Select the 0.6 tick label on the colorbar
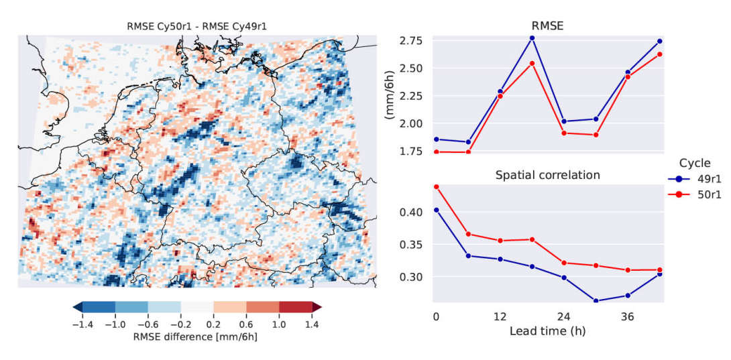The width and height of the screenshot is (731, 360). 246,324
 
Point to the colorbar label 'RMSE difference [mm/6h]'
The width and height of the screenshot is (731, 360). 194,337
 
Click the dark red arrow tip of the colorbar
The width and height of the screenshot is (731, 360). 317,307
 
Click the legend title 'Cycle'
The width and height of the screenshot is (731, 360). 695,163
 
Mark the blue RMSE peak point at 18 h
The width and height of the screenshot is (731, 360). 532,38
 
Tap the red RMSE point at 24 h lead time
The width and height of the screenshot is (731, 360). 564,133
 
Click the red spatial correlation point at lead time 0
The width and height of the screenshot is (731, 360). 436,186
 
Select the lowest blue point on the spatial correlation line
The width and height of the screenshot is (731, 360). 596,300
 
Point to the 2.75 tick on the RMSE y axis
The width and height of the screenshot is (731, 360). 409,41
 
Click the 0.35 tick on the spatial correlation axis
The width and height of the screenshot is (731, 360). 411,244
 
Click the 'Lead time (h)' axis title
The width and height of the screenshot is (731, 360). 548,331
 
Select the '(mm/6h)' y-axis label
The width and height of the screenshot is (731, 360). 389,95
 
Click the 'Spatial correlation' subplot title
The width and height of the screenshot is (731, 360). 548,175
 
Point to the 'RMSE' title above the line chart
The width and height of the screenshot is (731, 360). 548,27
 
